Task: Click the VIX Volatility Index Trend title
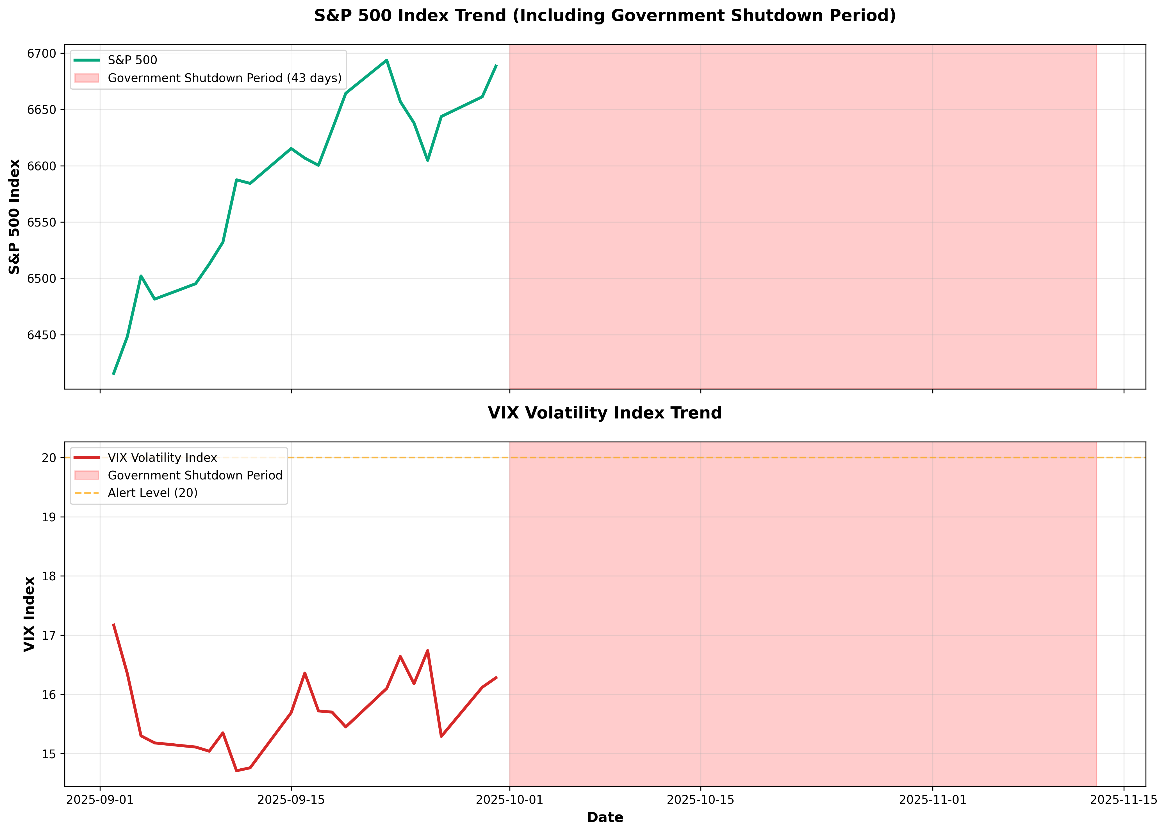605,413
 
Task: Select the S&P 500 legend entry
132,60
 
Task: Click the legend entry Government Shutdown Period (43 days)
224,78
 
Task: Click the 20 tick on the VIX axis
49,458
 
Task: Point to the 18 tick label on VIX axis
49,576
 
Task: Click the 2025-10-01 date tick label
509,800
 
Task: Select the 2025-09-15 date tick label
291,800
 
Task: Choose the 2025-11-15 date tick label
1124,800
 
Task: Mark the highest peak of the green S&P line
386,60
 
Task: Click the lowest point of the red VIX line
236,770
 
